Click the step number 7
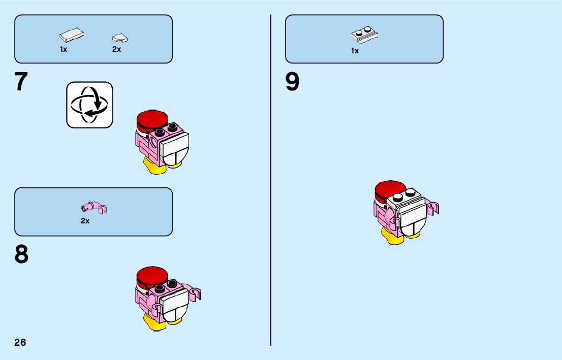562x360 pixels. (21, 82)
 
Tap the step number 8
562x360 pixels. (21, 255)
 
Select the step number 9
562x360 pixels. (292, 82)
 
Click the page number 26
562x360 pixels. (20, 342)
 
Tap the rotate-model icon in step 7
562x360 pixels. (89, 105)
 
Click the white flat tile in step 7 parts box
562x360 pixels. (72, 36)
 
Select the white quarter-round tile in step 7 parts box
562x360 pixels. (120, 38)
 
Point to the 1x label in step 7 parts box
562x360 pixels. (64, 50)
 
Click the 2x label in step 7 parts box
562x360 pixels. (117, 50)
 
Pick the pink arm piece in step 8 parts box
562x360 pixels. (94, 207)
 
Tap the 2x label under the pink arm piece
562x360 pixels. (85, 221)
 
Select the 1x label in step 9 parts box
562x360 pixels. (355, 51)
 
